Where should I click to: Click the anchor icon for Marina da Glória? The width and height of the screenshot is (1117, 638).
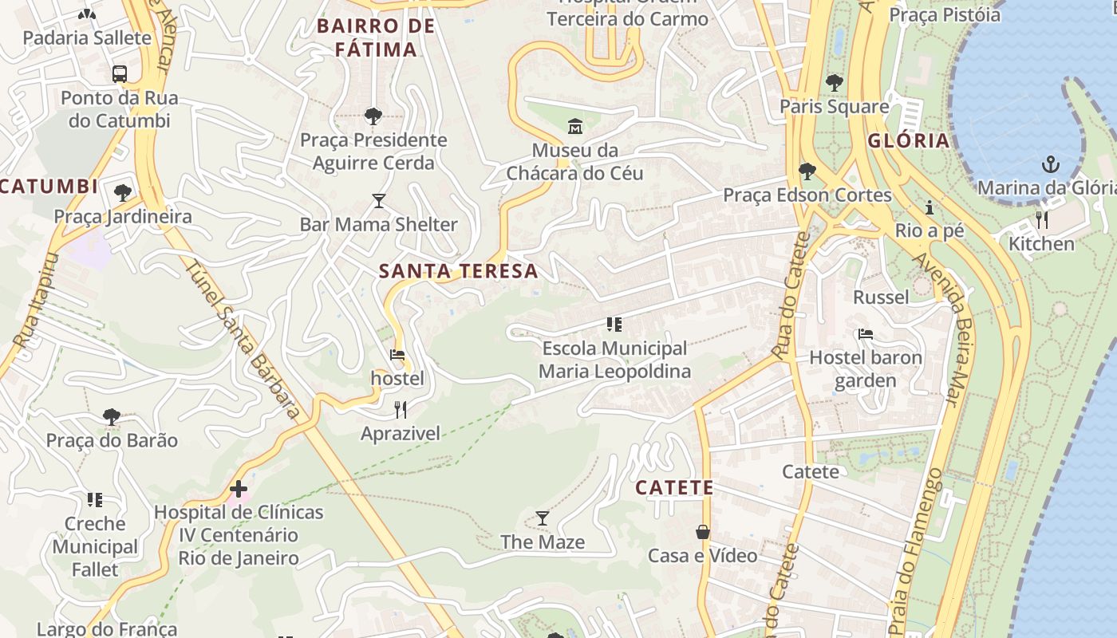pyautogui.click(x=1051, y=165)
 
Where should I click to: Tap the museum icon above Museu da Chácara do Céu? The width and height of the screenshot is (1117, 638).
pyautogui.click(x=574, y=126)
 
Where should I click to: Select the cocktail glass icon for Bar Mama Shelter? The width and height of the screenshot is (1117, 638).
pyautogui.click(x=379, y=201)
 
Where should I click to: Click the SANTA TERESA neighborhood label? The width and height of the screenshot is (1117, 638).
pyautogui.click(x=458, y=271)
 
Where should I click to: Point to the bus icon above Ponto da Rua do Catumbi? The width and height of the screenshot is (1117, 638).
pyautogui.click(x=120, y=74)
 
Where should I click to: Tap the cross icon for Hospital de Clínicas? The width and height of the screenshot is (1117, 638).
pyautogui.click(x=238, y=489)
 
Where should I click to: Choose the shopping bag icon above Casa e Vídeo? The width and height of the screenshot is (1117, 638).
pyautogui.click(x=703, y=532)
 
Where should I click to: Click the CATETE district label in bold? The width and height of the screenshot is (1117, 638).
pyautogui.click(x=674, y=487)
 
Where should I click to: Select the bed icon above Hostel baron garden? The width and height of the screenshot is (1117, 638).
pyautogui.click(x=866, y=334)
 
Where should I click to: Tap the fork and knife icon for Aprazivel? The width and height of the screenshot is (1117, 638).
pyautogui.click(x=401, y=410)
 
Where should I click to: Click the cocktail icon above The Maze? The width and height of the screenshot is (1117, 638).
pyautogui.click(x=543, y=518)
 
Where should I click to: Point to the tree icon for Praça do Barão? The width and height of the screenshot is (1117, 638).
pyautogui.click(x=112, y=416)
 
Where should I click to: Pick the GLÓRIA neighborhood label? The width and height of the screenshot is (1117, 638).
pyautogui.click(x=908, y=141)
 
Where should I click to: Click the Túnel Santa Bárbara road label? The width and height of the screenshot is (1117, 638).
pyautogui.click(x=243, y=338)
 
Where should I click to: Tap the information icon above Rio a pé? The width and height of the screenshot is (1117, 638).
pyautogui.click(x=930, y=207)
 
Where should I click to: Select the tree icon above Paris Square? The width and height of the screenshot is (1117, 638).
pyautogui.click(x=835, y=82)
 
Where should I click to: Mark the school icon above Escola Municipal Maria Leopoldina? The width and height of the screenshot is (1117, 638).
pyautogui.click(x=614, y=325)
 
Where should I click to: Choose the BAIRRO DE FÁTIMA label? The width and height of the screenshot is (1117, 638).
pyautogui.click(x=376, y=37)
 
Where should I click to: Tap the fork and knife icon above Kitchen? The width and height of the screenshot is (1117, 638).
pyautogui.click(x=1041, y=219)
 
